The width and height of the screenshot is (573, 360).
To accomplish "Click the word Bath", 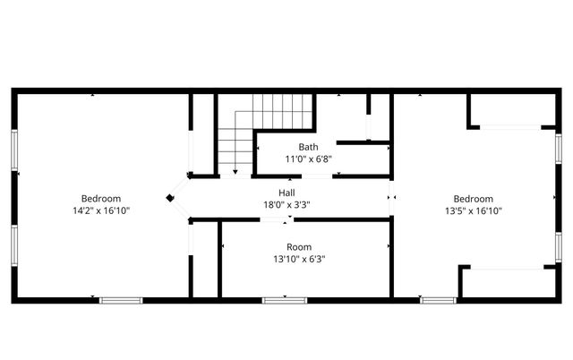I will coord(308,147).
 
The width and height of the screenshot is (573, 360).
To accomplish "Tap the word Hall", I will coord(286,193).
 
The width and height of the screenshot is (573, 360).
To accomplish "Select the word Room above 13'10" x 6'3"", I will coord(299,247).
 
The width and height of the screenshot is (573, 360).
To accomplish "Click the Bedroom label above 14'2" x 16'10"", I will coord(101,199).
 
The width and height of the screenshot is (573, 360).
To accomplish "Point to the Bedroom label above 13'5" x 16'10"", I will coord(473,199).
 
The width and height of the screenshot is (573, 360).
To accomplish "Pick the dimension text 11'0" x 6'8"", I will coord(309,159).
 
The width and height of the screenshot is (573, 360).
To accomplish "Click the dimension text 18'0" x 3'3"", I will coord(286,204).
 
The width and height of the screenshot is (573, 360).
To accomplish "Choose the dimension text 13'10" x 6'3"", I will coord(299,259).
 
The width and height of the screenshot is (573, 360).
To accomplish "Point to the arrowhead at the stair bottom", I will coord(235,170).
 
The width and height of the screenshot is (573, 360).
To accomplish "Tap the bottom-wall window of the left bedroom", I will coord(121,300).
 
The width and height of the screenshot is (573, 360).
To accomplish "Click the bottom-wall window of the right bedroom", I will coord(439,300).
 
